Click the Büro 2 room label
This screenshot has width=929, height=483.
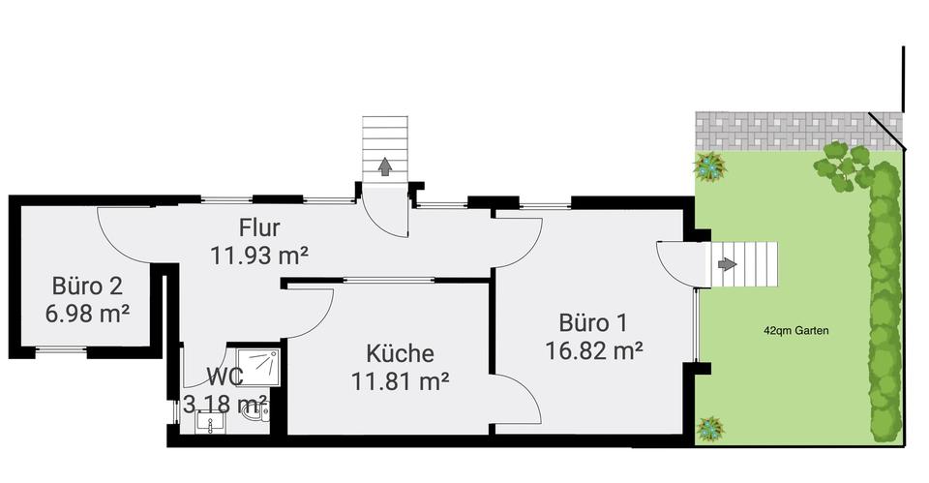[87, 286]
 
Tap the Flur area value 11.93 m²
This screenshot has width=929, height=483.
[259, 256]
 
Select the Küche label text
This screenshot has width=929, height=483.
[400, 353]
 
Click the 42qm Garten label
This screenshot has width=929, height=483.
[795, 330]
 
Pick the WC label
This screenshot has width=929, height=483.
[225, 377]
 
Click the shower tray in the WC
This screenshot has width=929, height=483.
[257, 367]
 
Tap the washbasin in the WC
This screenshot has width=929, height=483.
[209, 423]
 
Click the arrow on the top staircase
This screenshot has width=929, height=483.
[384, 167]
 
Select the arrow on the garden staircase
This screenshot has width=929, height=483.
[727, 263]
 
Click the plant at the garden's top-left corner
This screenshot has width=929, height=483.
[710, 166]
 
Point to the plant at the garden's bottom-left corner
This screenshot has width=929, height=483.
[710, 427]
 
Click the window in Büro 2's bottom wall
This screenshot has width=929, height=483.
[61, 349]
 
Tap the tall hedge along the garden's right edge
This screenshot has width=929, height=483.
[884, 300]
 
